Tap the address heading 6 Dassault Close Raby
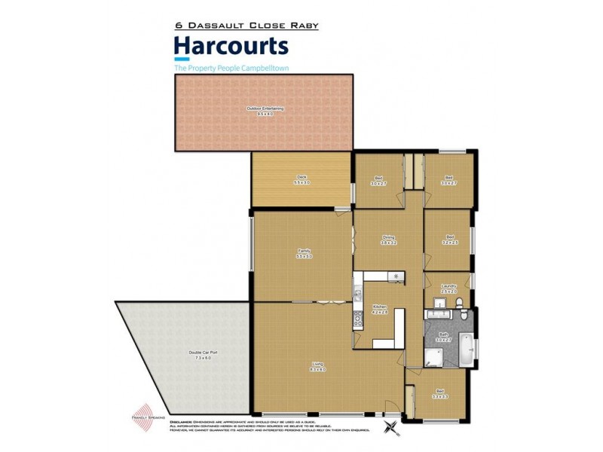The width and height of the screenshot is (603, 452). click(246, 26)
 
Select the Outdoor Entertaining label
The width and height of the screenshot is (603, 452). click(265, 111)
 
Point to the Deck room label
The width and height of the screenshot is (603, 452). click(301, 180)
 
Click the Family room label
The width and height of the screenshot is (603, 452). click(303, 253)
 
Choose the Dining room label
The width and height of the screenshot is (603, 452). click(388, 240)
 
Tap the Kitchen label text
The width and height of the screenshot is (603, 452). click(380, 309)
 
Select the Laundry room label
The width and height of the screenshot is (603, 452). click(448, 288)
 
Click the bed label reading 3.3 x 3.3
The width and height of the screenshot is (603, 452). click(440, 392)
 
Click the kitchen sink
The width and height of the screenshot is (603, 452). click(396, 277)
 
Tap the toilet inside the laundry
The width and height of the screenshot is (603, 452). click(461, 302)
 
